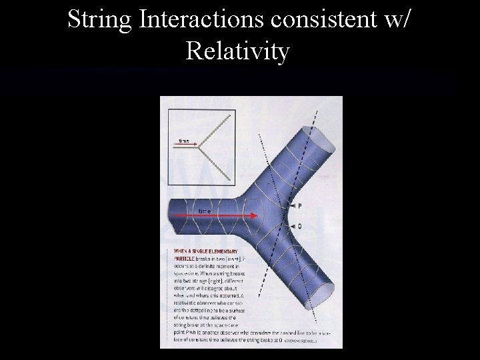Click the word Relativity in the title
pyautogui.click(x=239, y=51)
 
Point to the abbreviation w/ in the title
pyautogui.click(x=393, y=20)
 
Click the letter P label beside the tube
pyautogui.click(x=299, y=207)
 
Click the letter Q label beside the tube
pyautogui.click(x=299, y=227)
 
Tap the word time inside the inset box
pyautogui.click(x=183, y=141)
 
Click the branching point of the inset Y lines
pyautogui.click(x=202, y=148)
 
